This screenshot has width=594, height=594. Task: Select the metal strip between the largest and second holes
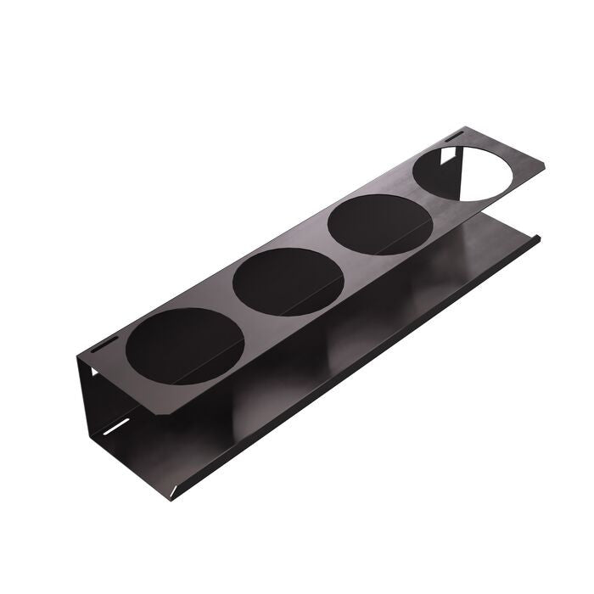229,305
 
